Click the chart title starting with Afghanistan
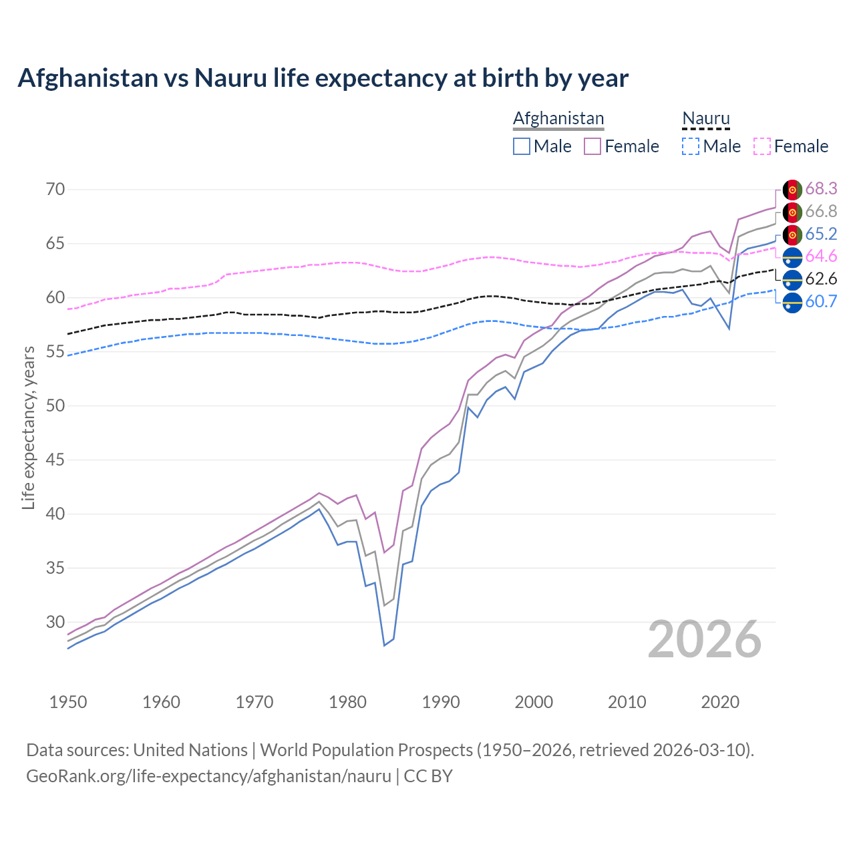[323, 78]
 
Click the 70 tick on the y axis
[55, 189]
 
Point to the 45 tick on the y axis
[55, 460]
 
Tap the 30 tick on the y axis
[55, 622]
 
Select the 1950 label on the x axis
[68, 702]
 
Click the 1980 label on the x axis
[347, 702]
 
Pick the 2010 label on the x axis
[627, 702]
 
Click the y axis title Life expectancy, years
[28, 427]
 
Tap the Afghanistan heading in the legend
[558, 118]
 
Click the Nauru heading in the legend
[706, 118]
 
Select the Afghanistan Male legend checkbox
[522, 146]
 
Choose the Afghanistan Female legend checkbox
[592, 146]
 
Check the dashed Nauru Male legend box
[691, 146]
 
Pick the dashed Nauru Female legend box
[762, 146]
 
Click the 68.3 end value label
[821, 189]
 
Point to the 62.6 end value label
[821, 279]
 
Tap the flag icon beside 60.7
[792, 302]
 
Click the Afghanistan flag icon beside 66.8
[792, 212]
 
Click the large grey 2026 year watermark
[705, 639]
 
